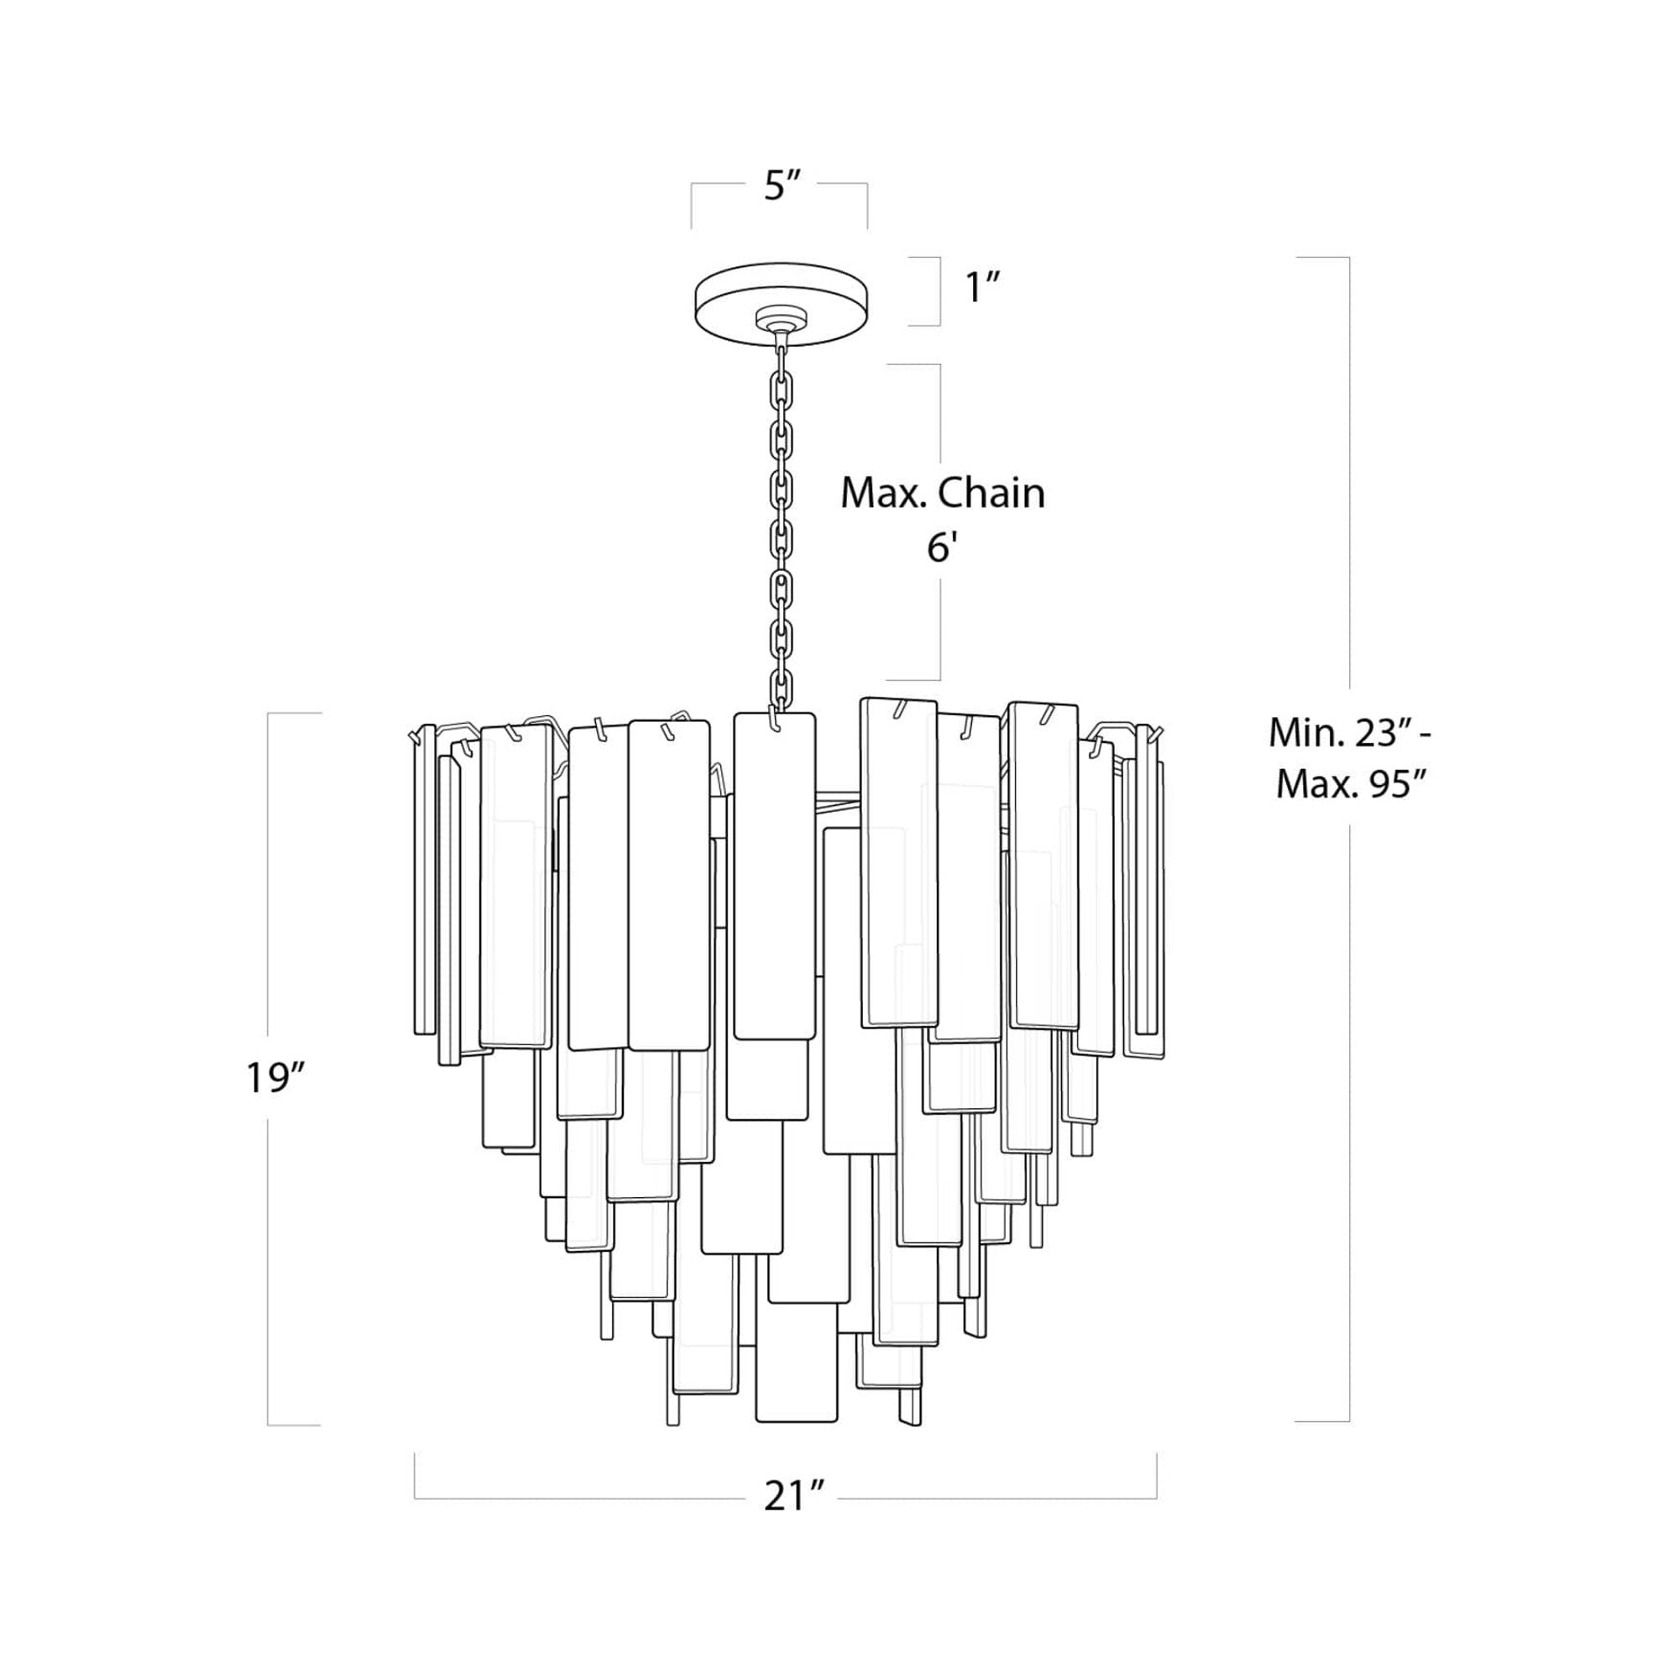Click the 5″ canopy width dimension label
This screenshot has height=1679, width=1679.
[x=781, y=187]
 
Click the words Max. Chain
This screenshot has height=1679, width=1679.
[x=942, y=494]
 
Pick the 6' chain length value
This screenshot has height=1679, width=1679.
[x=940, y=548]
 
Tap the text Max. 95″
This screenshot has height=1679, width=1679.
[x=1351, y=785]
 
